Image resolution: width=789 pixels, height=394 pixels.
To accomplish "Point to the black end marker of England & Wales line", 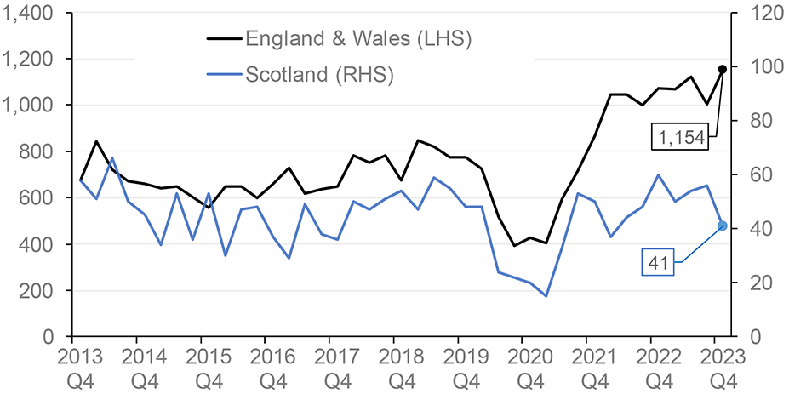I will [x=722, y=69].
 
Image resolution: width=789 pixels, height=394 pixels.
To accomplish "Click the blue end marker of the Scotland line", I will [x=722, y=226].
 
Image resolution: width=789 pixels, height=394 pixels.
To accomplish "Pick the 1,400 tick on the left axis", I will [x=31, y=14].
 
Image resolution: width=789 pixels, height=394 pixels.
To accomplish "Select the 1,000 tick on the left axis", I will [x=31, y=106].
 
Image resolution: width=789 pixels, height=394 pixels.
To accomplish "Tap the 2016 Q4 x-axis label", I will [x=266, y=364].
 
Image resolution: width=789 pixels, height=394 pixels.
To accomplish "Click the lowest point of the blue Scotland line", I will [x=546, y=296].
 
